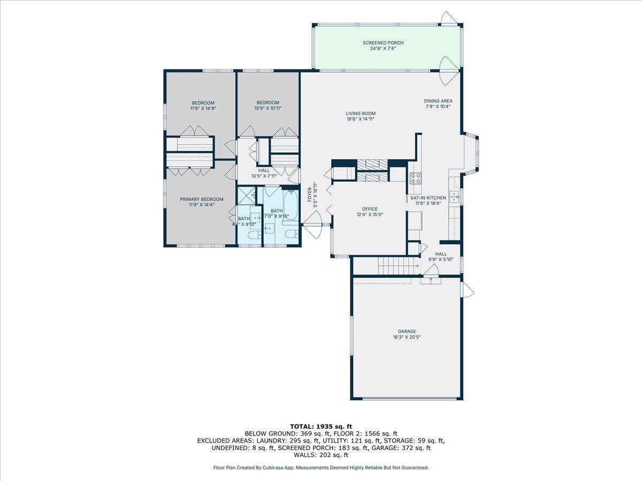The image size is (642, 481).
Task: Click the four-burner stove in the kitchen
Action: [x=415, y=178]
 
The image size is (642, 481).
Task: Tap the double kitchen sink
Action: [x=454, y=197]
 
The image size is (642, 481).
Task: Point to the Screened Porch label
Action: [x=383, y=43]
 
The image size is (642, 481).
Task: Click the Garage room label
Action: [x=407, y=331]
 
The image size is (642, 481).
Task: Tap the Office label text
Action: [x=370, y=209]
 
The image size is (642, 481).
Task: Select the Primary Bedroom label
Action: [x=201, y=199]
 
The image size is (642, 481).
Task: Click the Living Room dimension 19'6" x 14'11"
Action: [x=360, y=119]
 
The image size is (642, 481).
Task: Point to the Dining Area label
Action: [x=438, y=100]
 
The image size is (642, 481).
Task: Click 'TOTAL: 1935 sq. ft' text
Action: [x=321, y=426]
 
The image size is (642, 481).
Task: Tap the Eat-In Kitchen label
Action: [x=428, y=198]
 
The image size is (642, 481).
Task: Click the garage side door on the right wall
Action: [x=467, y=290]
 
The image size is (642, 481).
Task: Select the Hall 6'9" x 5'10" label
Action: [x=441, y=254]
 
